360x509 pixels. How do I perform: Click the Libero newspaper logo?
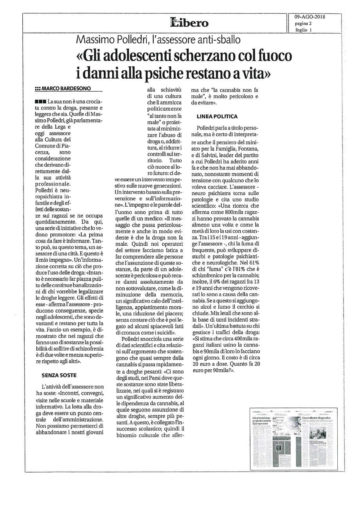point(189,22)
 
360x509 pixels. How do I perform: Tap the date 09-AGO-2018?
point(310,16)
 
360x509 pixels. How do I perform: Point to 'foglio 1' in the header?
point(304,30)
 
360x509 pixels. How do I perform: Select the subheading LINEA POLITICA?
point(217,116)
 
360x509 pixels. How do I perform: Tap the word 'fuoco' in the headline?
point(271,56)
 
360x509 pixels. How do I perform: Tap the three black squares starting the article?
point(41,102)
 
